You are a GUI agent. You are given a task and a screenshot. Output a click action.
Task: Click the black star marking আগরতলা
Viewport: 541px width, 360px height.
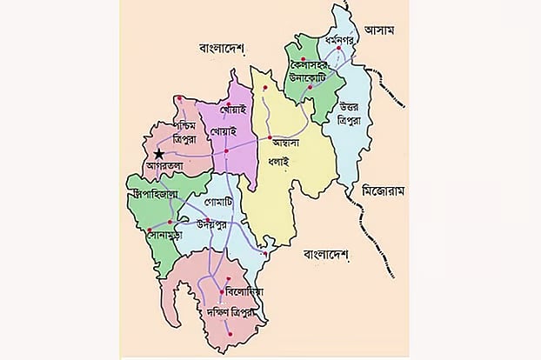[157, 154]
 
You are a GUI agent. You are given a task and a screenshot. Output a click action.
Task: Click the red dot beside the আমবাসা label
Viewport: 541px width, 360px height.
[270, 137]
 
